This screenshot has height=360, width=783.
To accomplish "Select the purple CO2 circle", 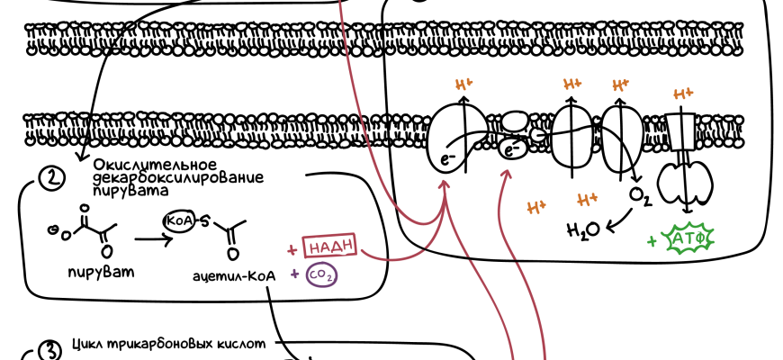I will [x=322, y=275].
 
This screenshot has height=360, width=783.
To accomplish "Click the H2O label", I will [x=581, y=230].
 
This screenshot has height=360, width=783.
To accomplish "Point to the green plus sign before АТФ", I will [x=652, y=241].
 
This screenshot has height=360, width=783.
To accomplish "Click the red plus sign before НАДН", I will [x=292, y=247].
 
